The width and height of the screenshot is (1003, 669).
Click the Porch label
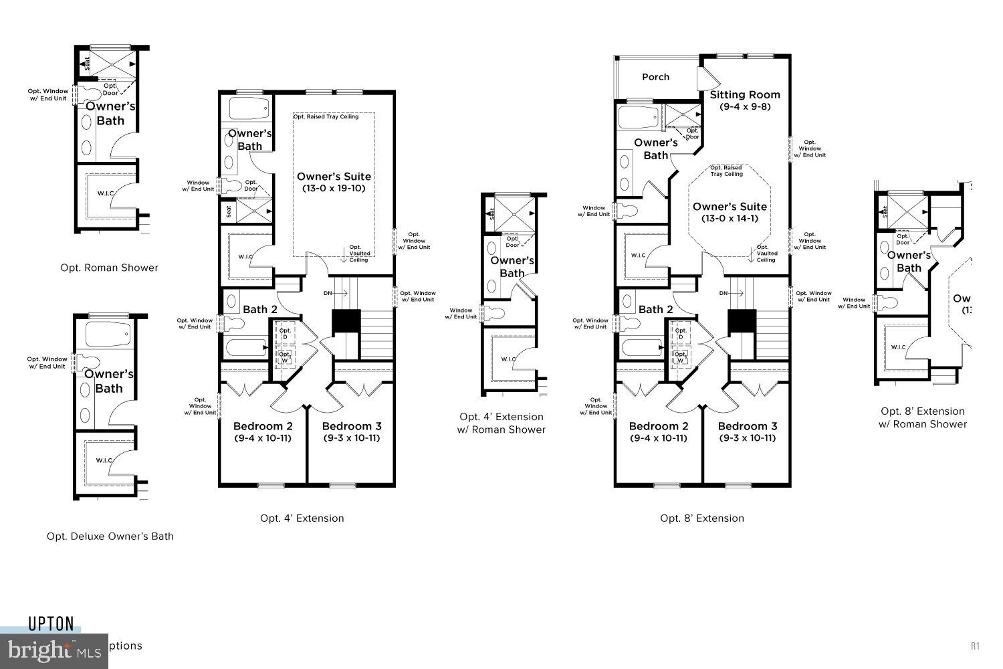point(655,77)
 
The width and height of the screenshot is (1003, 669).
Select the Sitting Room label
point(745,95)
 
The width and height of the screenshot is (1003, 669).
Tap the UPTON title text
point(51,624)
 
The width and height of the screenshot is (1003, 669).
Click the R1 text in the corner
point(975,646)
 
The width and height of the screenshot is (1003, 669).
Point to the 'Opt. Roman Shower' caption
point(110,268)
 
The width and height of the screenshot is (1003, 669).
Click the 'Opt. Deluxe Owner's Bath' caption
point(110,536)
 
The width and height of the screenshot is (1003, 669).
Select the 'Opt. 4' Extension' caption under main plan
point(302,518)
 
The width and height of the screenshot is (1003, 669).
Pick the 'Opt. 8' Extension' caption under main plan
point(702,518)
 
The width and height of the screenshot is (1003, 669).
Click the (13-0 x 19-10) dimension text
point(334,189)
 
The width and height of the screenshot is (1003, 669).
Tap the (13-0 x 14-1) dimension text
point(730,219)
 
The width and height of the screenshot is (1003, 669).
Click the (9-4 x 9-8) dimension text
point(745,107)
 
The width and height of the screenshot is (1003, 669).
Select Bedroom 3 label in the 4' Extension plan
point(352,426)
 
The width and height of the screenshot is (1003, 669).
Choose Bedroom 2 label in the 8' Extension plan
point(659,426)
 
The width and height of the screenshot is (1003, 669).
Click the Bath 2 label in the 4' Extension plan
point(260,309)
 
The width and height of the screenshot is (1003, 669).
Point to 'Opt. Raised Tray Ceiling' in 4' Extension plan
point(326,116)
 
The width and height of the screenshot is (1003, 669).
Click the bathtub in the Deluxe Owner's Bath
point(110,332)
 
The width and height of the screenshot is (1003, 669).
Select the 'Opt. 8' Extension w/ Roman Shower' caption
point(923,417)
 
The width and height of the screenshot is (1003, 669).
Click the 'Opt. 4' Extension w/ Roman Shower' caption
point(501,423)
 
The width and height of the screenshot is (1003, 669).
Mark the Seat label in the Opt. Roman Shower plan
point(87,64)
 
